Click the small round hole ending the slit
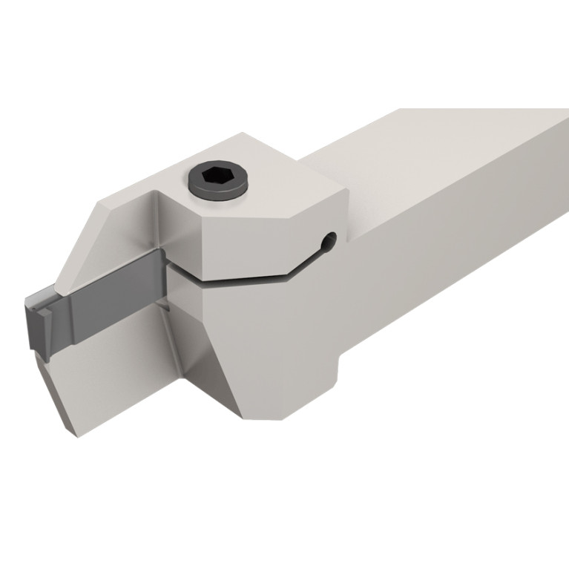pyautogui.click(x=329, y=239)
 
